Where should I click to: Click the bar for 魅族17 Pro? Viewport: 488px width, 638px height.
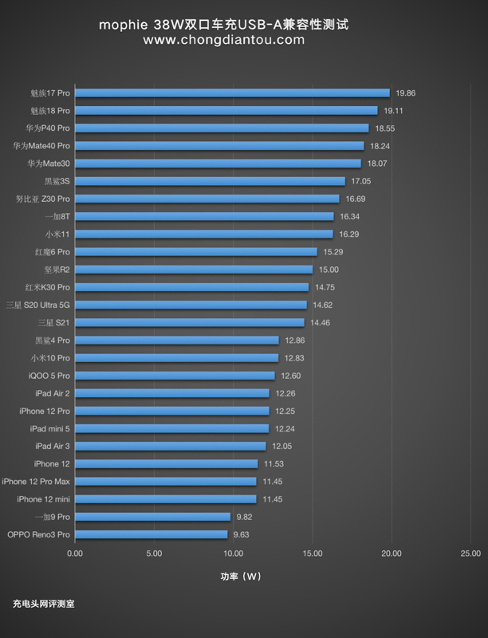[232, 93]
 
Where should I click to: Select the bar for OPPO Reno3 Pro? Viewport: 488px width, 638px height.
[152, 534]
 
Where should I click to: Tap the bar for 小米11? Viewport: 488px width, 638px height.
[204, 234]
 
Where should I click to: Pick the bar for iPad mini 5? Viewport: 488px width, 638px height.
[172, 428]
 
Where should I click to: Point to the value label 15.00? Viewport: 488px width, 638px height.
[329, 270]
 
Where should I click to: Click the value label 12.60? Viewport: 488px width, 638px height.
[290, 376]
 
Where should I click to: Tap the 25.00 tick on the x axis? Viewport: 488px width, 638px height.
[470, 553]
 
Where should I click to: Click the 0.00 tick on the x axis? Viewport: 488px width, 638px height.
[75, 553]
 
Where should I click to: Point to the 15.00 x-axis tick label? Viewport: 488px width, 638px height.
[313, 553]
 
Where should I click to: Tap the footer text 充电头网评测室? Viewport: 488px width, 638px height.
[43, 604]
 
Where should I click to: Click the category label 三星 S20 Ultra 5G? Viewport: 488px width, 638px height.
[38, 305]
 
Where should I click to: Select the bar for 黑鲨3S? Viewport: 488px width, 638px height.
[210, 181]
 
